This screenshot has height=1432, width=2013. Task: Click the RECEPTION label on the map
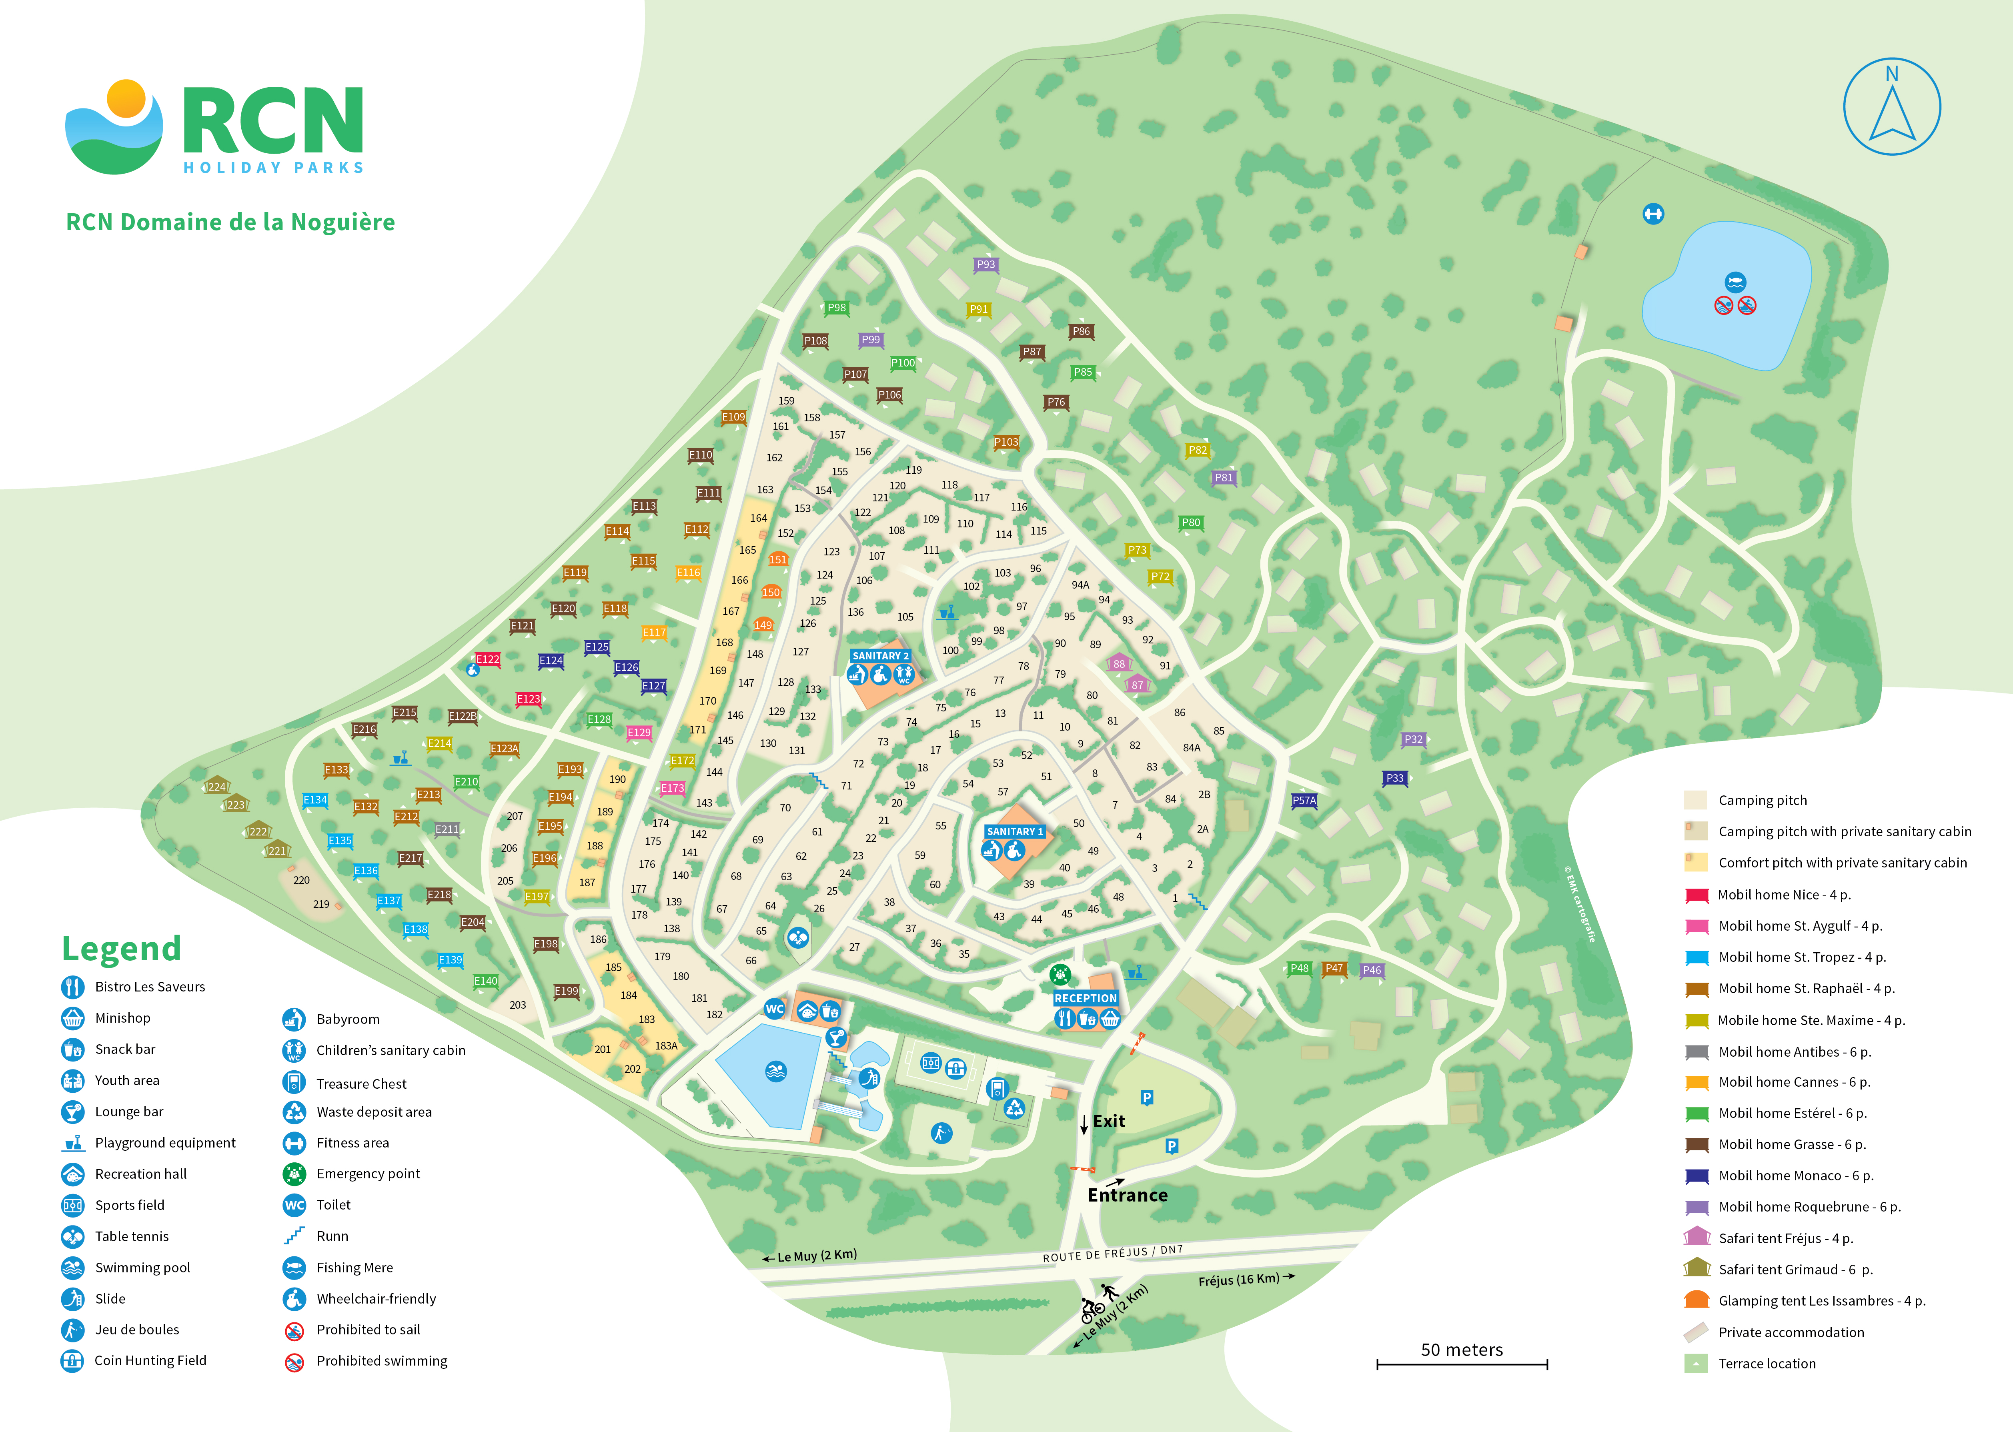1086,998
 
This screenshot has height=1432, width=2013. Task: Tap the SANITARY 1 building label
1014,831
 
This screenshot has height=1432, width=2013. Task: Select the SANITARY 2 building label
880,656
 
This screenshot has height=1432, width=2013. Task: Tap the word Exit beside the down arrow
1108,1122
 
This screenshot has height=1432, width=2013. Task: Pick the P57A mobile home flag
1304,801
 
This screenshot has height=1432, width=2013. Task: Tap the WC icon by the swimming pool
774,1009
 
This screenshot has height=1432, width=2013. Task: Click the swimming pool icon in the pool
776,1071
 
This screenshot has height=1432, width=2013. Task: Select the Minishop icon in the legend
72,1018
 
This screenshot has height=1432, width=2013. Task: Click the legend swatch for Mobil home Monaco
1697,1176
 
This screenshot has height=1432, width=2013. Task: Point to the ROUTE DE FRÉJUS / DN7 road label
1113,1253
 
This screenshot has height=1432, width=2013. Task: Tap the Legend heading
122,949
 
